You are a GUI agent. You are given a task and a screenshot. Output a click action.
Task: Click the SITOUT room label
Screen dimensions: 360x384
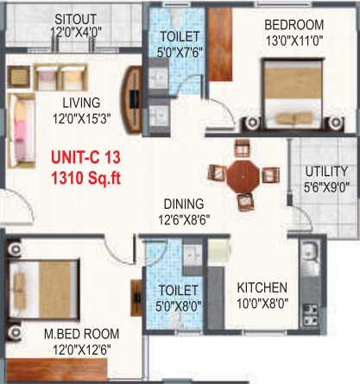(75, 19)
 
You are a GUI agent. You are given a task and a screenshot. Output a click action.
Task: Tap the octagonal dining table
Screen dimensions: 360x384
(243, 176)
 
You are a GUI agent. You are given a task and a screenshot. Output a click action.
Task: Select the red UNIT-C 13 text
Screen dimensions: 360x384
(85, 158)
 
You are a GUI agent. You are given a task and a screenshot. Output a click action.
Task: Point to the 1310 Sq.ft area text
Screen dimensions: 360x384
(85, 178)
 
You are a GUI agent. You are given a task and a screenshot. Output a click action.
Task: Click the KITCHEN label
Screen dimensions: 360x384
(262, 287)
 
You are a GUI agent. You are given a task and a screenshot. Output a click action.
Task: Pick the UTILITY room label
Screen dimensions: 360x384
(326, 172)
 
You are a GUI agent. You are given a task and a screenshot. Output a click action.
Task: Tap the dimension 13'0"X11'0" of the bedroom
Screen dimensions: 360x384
(294, 41)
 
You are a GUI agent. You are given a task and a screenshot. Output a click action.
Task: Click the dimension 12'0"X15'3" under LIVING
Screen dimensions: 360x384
(82, 118)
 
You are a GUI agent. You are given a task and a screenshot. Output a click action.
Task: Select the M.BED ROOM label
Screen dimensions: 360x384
(82, 334)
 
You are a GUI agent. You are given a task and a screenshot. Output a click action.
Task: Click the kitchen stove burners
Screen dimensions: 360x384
(311, 315)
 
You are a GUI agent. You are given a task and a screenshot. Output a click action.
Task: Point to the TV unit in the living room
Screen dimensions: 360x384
(132, 99)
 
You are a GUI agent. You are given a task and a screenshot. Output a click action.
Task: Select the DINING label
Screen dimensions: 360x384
(184, 204)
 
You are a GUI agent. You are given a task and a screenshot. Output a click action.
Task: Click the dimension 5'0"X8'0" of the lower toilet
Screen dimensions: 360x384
(179, 305)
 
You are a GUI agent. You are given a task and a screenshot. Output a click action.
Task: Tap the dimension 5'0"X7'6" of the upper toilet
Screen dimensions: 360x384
(180, 53)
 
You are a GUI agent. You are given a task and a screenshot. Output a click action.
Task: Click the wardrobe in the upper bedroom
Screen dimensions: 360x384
(220, 44)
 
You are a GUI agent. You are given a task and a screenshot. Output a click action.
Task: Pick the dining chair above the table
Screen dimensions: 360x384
(242, 148)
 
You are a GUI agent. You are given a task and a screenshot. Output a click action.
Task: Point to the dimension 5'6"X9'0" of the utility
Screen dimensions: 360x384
(326, 187)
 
